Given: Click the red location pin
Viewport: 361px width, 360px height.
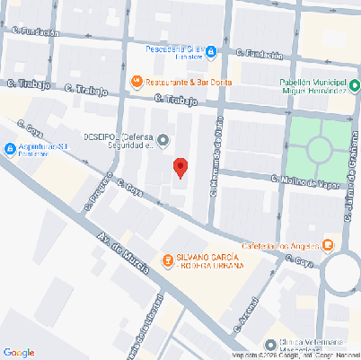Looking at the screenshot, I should coord(180,168).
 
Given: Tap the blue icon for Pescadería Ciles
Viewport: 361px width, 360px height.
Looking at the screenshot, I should coord(210,52).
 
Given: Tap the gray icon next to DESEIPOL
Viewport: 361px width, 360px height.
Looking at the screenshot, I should coord(163,139).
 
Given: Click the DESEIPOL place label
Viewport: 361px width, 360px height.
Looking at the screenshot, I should coord(119,140).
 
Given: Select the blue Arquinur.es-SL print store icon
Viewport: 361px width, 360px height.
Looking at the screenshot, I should coord(10,148).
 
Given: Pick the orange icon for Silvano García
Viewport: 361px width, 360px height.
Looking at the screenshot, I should coord(167,260).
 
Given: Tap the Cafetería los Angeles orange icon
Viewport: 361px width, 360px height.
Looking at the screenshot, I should coord(328,244).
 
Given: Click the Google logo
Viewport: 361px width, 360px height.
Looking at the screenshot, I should coord(19,352).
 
